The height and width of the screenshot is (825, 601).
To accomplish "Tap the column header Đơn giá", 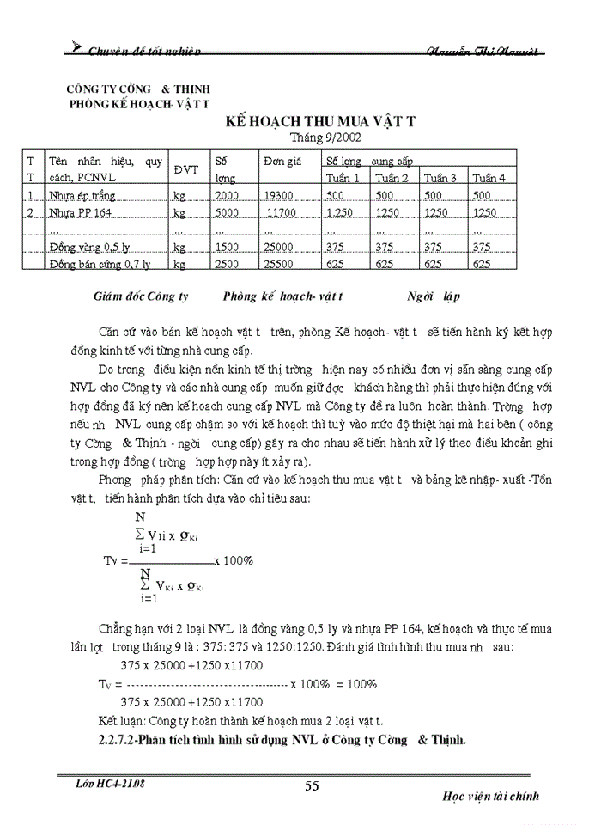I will click(280, 161).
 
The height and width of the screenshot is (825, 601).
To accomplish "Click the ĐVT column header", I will click(186, 169).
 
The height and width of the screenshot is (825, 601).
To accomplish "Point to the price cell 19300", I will click(280, 195).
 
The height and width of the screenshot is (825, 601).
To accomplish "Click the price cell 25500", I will click(280, 264).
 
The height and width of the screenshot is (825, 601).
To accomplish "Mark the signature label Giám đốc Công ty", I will click(140, 296).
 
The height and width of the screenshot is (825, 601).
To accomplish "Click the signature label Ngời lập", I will click(434, 296).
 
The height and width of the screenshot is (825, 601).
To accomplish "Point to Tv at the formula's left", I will click(114, 560).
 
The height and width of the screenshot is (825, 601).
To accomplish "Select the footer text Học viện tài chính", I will click(491, 796).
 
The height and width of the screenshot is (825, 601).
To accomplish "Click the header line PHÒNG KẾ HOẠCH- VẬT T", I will click(140, 103).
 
